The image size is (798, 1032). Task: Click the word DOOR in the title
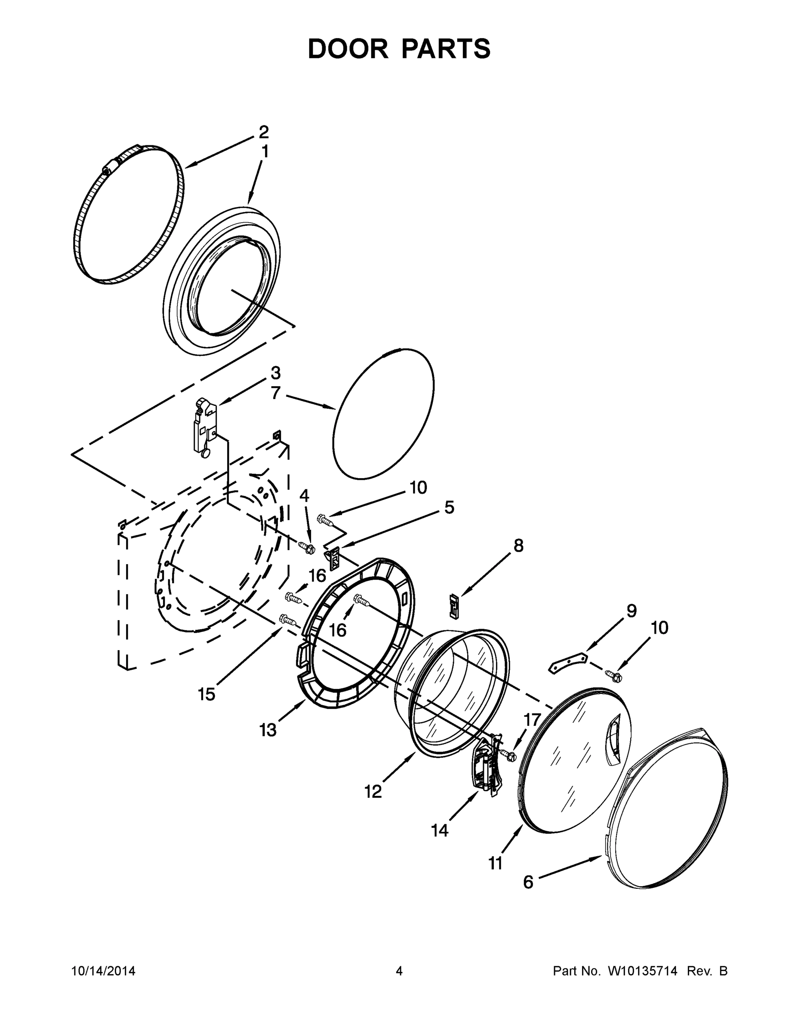tap(348, 49)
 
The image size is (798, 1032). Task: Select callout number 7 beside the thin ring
tap(276, 393)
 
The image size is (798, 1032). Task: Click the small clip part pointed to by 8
tap(454, 605)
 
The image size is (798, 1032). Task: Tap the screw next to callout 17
tap(510, 755)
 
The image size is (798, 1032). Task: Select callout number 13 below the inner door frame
tap(268, 730)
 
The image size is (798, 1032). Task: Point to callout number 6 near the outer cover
tap(528, 882)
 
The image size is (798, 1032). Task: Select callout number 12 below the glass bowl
tap(373, 791)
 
